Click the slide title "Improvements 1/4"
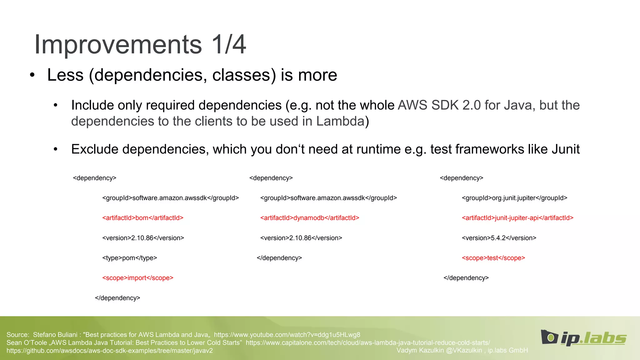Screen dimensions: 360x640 click(140, 45)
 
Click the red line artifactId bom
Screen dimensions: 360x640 click(143, 218)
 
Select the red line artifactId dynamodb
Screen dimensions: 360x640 click(310, 218)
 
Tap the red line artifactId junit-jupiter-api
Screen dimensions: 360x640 click(517, 218)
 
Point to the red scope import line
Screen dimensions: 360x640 click(138, 278)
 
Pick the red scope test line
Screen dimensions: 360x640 click(493, 258)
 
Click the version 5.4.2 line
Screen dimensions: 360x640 click(499, 238)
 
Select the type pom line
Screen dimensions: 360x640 click(129, 258)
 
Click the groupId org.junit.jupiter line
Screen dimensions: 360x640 click(514, 198)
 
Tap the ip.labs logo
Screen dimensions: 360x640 click(584, 338)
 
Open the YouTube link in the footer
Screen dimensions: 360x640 click(287, 335)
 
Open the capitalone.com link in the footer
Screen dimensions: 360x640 click(368, 342)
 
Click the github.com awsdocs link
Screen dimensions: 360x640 click(109, 351)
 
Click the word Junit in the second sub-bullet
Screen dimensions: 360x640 click(566, 149)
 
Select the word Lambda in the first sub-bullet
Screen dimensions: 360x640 click(340, 121)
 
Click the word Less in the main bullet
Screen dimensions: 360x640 click(65, 75)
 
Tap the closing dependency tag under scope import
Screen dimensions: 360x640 click(117, 298)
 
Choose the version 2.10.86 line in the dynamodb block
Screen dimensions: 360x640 click(301, 238)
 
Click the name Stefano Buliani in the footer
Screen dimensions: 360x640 click(55, 335)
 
